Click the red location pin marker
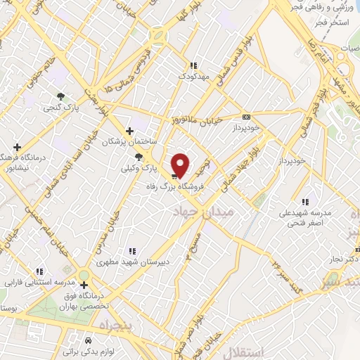pos(181,165)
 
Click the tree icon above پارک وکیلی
pos(139,157)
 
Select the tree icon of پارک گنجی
pos(61,96)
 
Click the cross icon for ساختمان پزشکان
pos(129,130)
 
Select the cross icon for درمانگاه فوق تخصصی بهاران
pos(84,285)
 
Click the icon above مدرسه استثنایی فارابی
pos(39,271)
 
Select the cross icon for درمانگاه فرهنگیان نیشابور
pos(18,146)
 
